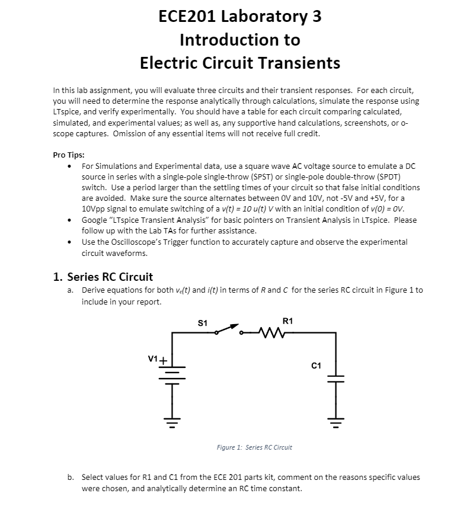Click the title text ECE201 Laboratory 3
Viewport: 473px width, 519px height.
click(240, 16)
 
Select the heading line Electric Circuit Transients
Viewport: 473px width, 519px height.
click(240, 62)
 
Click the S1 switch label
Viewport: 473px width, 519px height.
click(202, 323)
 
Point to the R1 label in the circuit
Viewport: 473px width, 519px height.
click(287, 321)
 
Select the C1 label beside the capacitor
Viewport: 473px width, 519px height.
click(316, 366)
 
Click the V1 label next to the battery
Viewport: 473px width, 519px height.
click(153, 358)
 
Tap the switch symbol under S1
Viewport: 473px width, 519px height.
click(228, 330)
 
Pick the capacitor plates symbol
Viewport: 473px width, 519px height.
click(336, 378)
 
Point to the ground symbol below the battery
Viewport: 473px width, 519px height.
click(172, 423)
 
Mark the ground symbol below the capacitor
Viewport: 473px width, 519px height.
click(336, 423)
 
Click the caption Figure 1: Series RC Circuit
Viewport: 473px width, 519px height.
click(254, 447)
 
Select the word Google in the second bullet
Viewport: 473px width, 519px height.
click(94, 220)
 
